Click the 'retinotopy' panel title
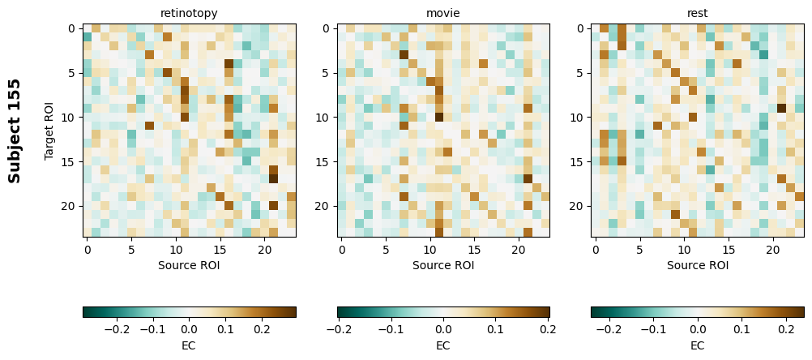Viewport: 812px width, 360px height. (x=189, y=13)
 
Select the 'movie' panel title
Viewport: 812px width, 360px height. (x=443, y=13)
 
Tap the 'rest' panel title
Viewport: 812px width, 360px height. (x=697, y=13)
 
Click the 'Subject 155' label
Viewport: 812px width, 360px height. (x=15, y=131)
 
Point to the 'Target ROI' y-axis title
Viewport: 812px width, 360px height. (x=49, y=131)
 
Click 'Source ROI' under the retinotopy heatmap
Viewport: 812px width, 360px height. (x=189, y=265)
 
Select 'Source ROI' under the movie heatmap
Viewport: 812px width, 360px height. (x=443, y=265)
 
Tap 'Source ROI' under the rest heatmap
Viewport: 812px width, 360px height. (x=697, y=265)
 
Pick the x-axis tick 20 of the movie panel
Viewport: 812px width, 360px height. (x=519, y=250)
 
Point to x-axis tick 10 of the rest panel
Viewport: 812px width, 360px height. (x=684, y=250)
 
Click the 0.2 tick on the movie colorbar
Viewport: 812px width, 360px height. (x=548, y=330)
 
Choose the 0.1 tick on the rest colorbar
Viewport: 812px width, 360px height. (x=741, y=330)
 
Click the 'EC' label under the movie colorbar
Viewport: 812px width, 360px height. (x=443, y=345)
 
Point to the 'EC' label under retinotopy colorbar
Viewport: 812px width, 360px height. (x=189, y=345)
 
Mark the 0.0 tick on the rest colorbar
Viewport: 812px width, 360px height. (x=697, y=330)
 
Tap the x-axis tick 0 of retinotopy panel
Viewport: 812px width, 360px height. (x=88, y=250)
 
